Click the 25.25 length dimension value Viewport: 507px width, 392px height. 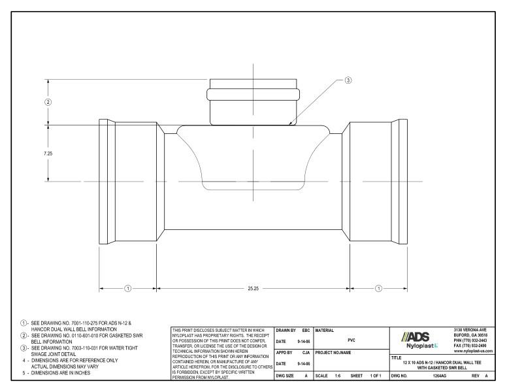[x=253, y=287]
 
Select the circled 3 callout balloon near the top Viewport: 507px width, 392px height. [x=348, y=80]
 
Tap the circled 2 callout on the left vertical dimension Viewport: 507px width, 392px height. [x=48, y=102]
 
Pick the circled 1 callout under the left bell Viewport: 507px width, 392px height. [x=128, y=287]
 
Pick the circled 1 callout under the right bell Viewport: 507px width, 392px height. [x=379, y=287]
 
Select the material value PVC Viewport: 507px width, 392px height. [x=351, y=340]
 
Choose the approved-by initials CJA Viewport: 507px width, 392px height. [x=304, y=352]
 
